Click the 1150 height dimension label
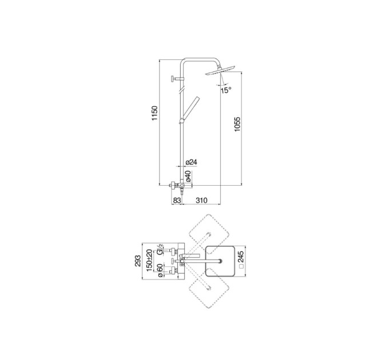155,113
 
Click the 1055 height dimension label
237,124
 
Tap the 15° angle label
226,90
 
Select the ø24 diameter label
191,162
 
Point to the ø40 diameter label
188,175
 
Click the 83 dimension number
177,200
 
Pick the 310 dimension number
201,200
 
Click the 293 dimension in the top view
138,261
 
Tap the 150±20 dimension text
149,260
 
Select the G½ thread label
160,249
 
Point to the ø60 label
160,270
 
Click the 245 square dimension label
241,260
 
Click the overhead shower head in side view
220,70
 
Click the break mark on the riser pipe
182,90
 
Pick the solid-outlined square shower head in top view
220,261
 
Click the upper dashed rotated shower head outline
209,234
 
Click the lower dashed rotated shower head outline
209,288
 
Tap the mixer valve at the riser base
181,186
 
